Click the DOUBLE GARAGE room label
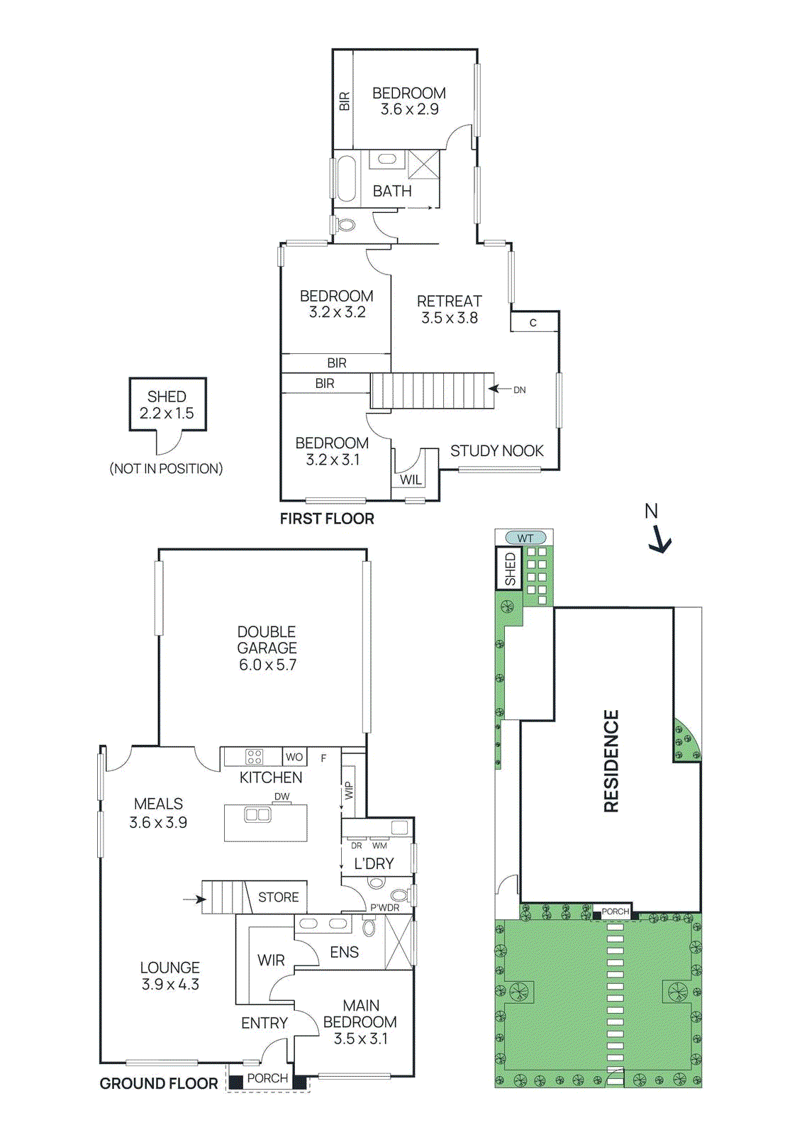point(267,648)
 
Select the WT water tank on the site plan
point(525,538)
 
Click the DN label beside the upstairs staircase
point(520,389)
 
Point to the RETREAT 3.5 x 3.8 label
point(449,309)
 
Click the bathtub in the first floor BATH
point(345,178)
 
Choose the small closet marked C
point(534,323)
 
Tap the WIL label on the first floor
point(411,480)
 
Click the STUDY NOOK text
point(496,451)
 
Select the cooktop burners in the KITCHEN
point(254,756)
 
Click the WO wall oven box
point(294,757)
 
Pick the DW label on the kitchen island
point(282,797)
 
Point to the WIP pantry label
point(348,791)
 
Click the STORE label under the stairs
point(278,897)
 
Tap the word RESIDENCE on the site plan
point(611,760)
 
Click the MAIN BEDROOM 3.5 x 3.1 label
point(360,1021)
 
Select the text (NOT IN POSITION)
point(166,469)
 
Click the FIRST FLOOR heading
point(327,519)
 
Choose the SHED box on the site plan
point(510,569)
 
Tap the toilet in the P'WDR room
point(399,895)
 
